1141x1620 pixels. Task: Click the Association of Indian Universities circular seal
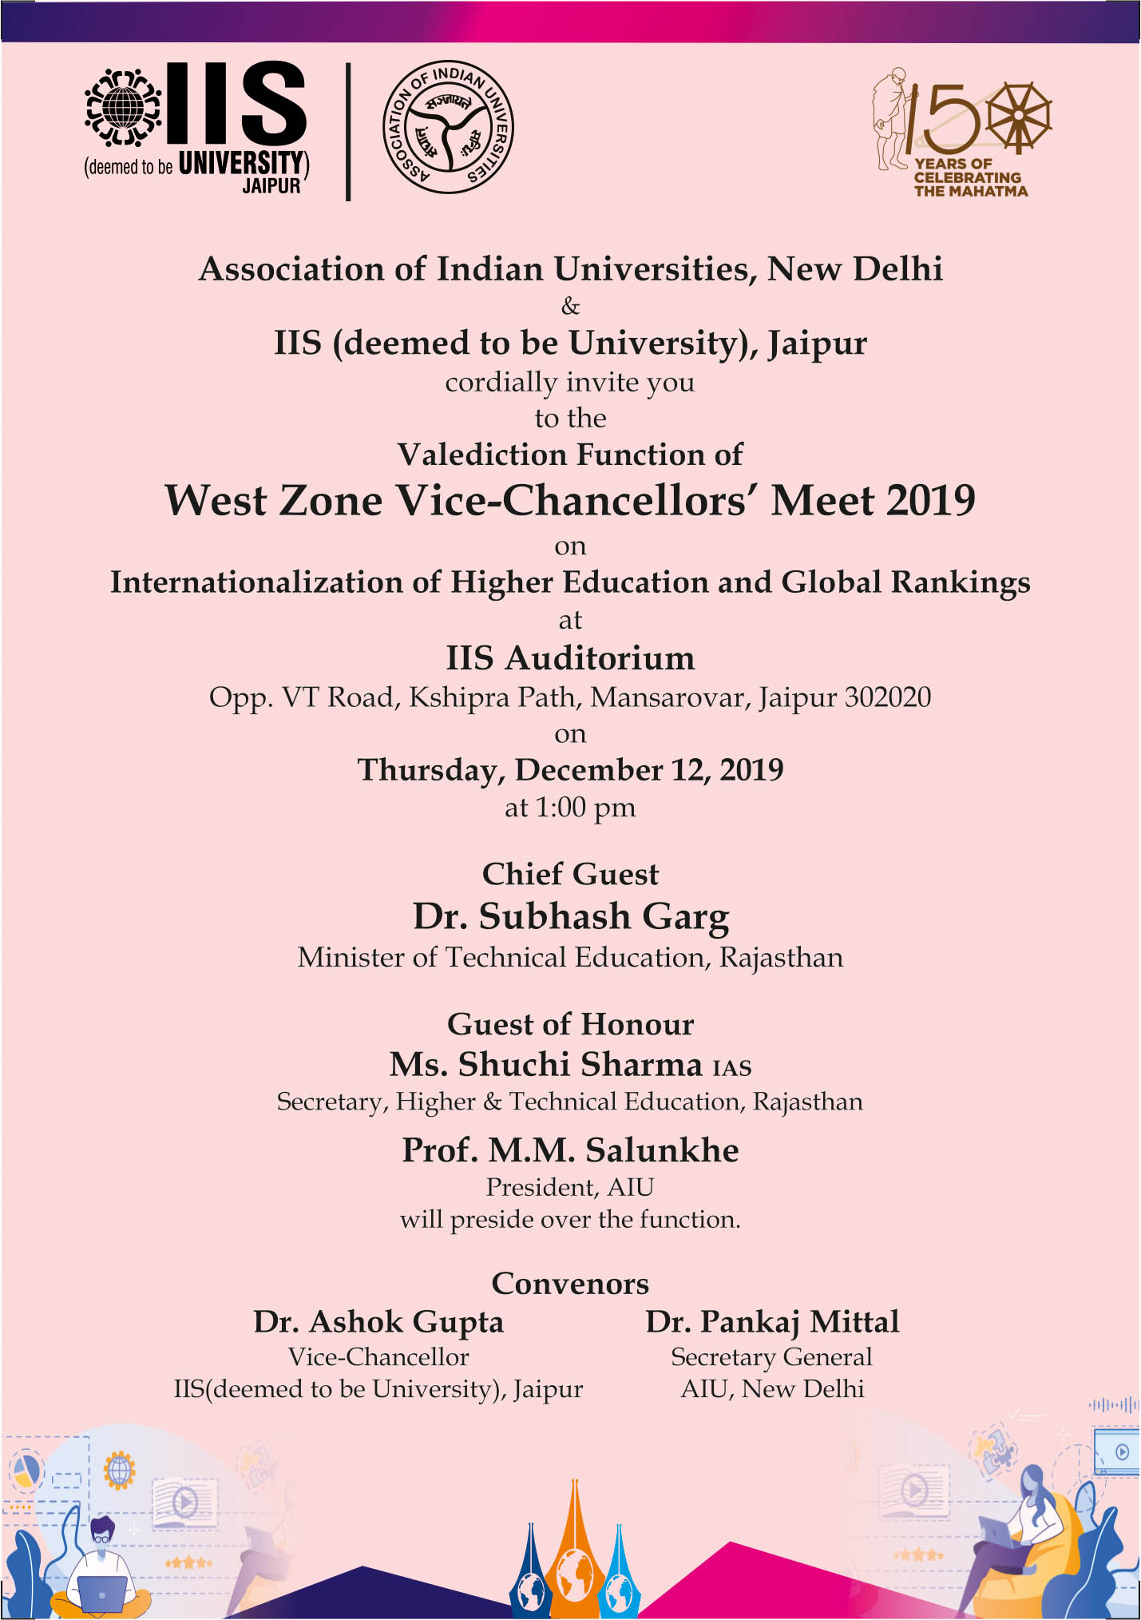click(x=449, y=127)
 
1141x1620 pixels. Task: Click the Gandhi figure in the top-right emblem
click(x=891, y=117)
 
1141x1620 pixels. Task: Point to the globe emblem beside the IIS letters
click(x=123, y=109)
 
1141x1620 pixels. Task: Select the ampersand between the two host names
click(x=570, y=306)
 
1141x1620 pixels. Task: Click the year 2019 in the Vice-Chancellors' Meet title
click(x=930, y=502)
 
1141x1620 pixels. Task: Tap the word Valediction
click(x=475, y=455)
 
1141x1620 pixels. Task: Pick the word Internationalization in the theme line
click(x=257, y=582)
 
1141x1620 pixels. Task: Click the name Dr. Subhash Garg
click(x=570, y=916)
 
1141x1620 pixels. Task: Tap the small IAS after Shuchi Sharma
click(x=731, y=1068)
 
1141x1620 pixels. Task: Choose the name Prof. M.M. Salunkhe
click(x=570, y=1150)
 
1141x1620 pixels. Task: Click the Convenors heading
click(x=570, y=1284)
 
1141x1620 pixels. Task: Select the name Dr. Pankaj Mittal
click(x=772, y=1322)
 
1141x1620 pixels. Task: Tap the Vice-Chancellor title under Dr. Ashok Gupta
click(x=378, y=1356)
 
